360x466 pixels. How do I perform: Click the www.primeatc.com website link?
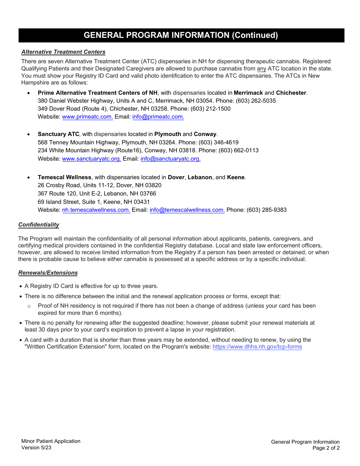pos(87,117)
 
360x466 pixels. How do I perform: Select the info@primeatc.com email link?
pos(158,117)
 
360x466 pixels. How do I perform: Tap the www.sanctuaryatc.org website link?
pos(91,159)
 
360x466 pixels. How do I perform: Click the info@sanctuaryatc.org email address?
pos(171,159)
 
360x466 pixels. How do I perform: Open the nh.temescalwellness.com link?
pos(96,210)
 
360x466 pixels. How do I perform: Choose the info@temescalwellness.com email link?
pos(187,210)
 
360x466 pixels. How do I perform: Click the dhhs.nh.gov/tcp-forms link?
pos(257,347)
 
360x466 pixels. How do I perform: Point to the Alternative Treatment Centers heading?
pos(63,52)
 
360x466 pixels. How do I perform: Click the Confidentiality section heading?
pos(39,225)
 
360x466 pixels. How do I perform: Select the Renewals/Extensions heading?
pos(48,273)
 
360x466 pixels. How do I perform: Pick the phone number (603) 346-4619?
pos(218,142)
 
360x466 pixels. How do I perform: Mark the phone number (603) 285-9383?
pos(266,210)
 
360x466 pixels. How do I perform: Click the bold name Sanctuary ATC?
pos(58,134)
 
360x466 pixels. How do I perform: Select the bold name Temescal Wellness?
pos(64,177)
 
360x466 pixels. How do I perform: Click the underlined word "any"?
pos(261,69)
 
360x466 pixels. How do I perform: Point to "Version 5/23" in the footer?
pos(36,447)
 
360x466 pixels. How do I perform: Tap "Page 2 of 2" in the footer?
pos(326,448)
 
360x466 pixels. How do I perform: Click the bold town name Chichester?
pos(291,93)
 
